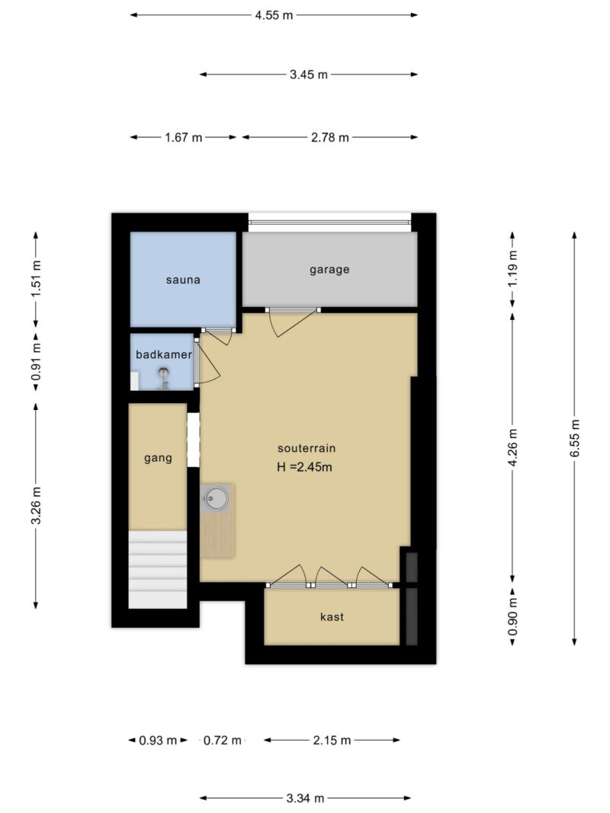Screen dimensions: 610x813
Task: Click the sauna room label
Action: tap(183, 280)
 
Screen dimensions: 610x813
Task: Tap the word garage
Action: tap(329, 270)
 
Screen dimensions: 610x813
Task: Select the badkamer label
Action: tap(164, 354)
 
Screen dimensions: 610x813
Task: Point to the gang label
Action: tap(158, 458)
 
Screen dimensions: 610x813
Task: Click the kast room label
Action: tap(332, 616)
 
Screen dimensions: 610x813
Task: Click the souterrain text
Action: tap(307, 448)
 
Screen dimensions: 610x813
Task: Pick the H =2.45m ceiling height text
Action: tap(304, 466)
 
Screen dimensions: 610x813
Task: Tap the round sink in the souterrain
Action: tap(216, 499)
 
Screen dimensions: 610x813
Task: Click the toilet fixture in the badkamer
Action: tap(165, 378)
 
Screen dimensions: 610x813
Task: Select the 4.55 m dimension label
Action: tap(274, 15)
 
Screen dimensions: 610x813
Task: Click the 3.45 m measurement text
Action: tap(309, 75)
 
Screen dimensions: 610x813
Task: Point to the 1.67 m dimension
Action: tap(184, 137)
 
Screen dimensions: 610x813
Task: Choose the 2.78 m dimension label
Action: tap(330, 137)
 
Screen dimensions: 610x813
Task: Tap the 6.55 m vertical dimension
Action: tap(575, 438)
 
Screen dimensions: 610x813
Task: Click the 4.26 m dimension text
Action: tap(512, 447)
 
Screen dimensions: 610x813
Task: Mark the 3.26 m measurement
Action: tap(36, 505)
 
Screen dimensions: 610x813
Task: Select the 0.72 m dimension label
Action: tap(223, 741)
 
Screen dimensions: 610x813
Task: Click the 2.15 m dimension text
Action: tap(332, 741)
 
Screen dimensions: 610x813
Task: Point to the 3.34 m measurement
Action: tap(305, 798)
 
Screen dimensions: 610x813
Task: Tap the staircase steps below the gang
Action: tap(158, 569)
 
